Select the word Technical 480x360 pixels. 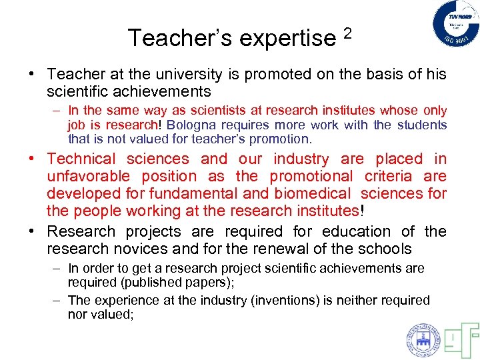(81, 159)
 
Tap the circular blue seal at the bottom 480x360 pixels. (423, 339)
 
